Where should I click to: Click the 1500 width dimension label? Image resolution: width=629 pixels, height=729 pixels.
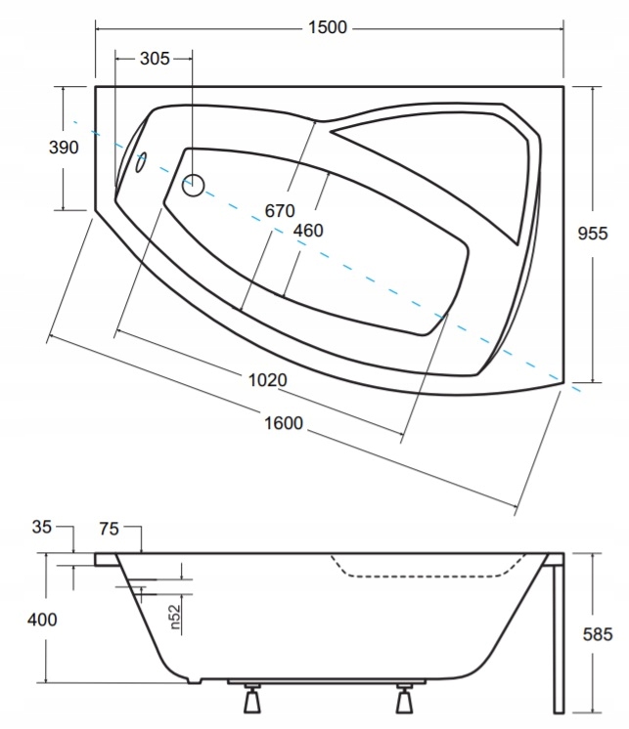coord(328,27)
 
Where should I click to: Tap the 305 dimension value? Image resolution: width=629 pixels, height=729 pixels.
coord(155,59)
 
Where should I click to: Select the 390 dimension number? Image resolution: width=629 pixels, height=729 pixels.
coord(64,148)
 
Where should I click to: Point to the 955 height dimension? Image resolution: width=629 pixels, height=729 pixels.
coord(593,233)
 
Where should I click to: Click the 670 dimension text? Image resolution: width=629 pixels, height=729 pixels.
coord(280,211)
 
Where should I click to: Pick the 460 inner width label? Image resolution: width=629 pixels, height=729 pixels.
coord(308,231)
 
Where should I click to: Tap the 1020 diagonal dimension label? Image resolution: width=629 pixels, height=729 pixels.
coord(267,380)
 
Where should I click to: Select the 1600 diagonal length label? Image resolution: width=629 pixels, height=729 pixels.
coord(284,423)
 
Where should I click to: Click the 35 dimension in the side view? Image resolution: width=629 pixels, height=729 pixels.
coord(42,527)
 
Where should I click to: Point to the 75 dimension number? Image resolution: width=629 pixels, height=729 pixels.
coord(109,529)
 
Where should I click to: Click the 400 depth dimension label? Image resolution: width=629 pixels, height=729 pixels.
coord(42,620)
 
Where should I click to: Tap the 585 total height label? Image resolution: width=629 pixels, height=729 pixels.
coord(598,634)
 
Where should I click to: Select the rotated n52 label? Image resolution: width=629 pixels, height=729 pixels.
coord(174,617)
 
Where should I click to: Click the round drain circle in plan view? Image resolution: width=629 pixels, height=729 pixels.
coord(193,185)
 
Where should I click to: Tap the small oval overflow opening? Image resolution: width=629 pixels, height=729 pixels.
coord(141,162)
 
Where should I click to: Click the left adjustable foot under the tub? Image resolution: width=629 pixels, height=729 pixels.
coord(252,698)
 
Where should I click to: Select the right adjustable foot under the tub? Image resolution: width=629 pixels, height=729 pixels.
coord(404,698)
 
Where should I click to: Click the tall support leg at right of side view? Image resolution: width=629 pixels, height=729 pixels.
coord(558,633)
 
